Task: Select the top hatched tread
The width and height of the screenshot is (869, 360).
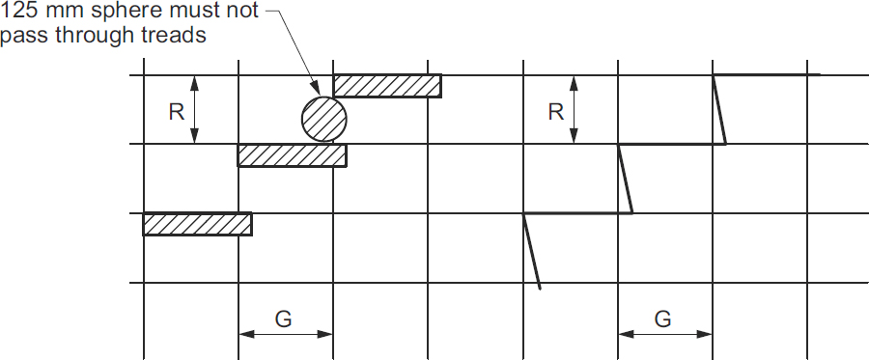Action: click(x=387, y=86)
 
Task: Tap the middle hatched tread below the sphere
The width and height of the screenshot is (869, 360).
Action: click(x=292, y=154)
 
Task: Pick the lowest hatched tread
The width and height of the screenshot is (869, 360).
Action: click(x=197, y=224)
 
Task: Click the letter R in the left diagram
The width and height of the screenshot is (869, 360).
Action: click(x=176, y=112)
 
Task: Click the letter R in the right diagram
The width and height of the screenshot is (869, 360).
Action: click(x=555, y=112)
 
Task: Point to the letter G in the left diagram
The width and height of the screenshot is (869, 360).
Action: click(x=283, y=318)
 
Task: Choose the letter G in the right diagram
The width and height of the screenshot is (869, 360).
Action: click(x=662, y=318)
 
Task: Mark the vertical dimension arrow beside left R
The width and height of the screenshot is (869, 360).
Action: click(x=196, y=110)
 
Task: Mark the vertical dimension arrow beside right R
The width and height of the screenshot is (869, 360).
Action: click(x=575, y=110)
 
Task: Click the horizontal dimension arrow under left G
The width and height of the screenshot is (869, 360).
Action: click(x=285, y=335)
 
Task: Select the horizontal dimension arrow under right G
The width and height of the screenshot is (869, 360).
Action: click(x=665, y=335)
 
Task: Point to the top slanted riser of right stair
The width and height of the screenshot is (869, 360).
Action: click(x=720, y=109)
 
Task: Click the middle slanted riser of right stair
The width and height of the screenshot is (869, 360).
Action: click(x=626, y=179)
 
